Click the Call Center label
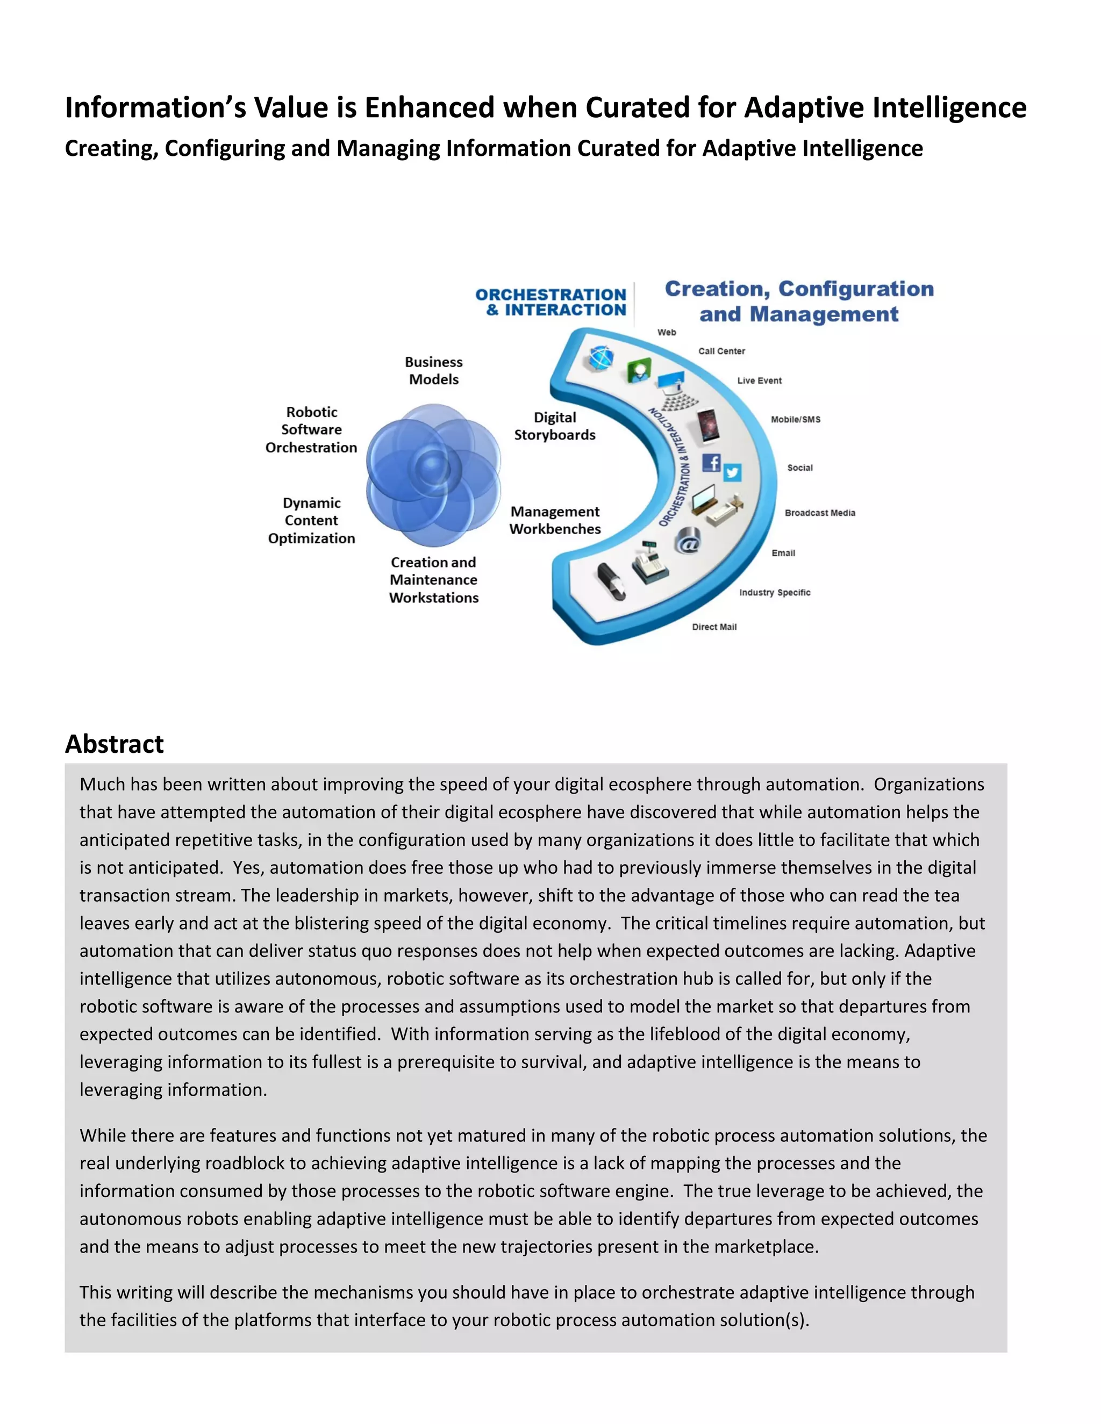click(x=721, y=351)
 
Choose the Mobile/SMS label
click(x=795, y=419)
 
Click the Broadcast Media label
click(x=820, y=513)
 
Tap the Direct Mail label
click(x=714, y=627)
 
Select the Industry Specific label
click(x=774, y=592)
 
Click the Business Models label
click(x=434, y=370)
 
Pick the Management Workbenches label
click(x=555, y=520)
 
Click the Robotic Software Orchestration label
click(x=311, y=430)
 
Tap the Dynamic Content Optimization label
click(x=311, y=520)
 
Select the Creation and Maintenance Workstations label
click(x=434, y=580)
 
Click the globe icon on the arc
click(x=600, y=358)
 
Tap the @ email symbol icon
click(x=688, y=541)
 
